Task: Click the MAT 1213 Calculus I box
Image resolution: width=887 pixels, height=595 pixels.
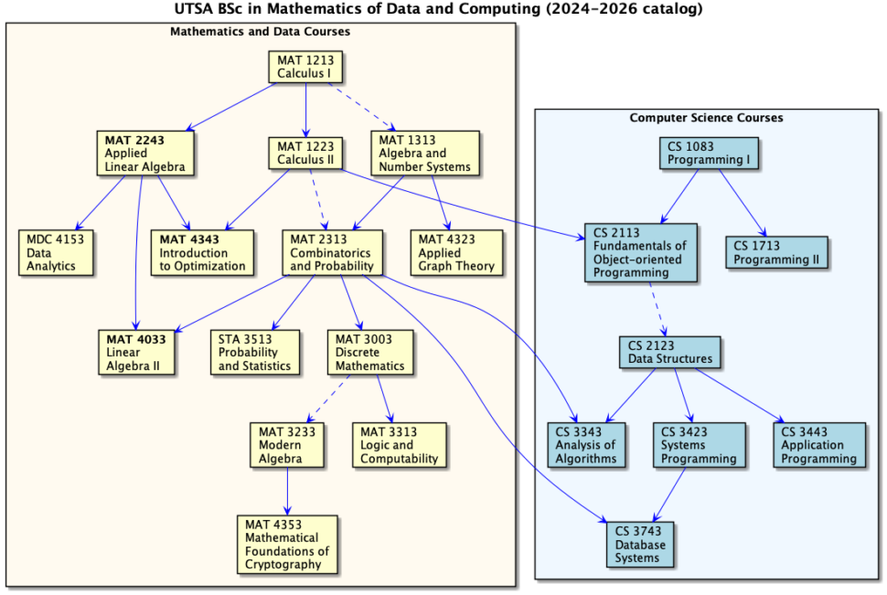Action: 305,67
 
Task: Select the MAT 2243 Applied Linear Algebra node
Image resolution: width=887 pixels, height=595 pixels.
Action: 144,154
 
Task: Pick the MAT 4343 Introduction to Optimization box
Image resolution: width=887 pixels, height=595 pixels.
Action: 202,252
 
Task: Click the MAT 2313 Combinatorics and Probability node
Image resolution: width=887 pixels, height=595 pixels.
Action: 331,252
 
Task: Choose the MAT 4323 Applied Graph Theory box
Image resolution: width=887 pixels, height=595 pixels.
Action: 456,252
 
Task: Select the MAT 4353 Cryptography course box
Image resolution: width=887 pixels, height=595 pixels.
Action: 286,545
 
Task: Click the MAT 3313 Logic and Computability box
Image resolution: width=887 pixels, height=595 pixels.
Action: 399,445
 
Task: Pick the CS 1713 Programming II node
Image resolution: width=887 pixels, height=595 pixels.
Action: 777,252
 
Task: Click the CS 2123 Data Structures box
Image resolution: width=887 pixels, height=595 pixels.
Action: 669,352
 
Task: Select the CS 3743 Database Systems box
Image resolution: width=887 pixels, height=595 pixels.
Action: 639,545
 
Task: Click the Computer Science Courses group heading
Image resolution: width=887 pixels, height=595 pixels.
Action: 706,118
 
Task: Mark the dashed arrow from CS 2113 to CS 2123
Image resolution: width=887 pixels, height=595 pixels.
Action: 658,308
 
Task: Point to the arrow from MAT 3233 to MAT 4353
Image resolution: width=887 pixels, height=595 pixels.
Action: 287,491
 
